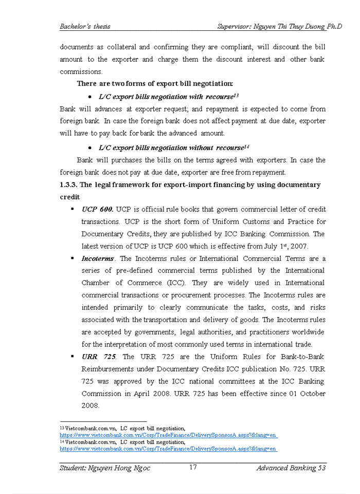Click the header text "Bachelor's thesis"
click(x=85, y=26)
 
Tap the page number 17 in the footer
click(x=193, y=467)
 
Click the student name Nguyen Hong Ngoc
click(x=105, y=468)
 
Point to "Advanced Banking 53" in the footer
click(x=291, y=468)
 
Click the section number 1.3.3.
click(x=68, y=185)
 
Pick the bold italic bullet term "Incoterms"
click(x=98, y=259)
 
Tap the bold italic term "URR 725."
click(x=99, y=357)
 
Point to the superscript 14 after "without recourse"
click(x=246, y=146)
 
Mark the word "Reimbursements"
click(x=109, y=369)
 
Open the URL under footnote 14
click(x=169, y=449)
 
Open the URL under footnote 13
click(x=169, y=435)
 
